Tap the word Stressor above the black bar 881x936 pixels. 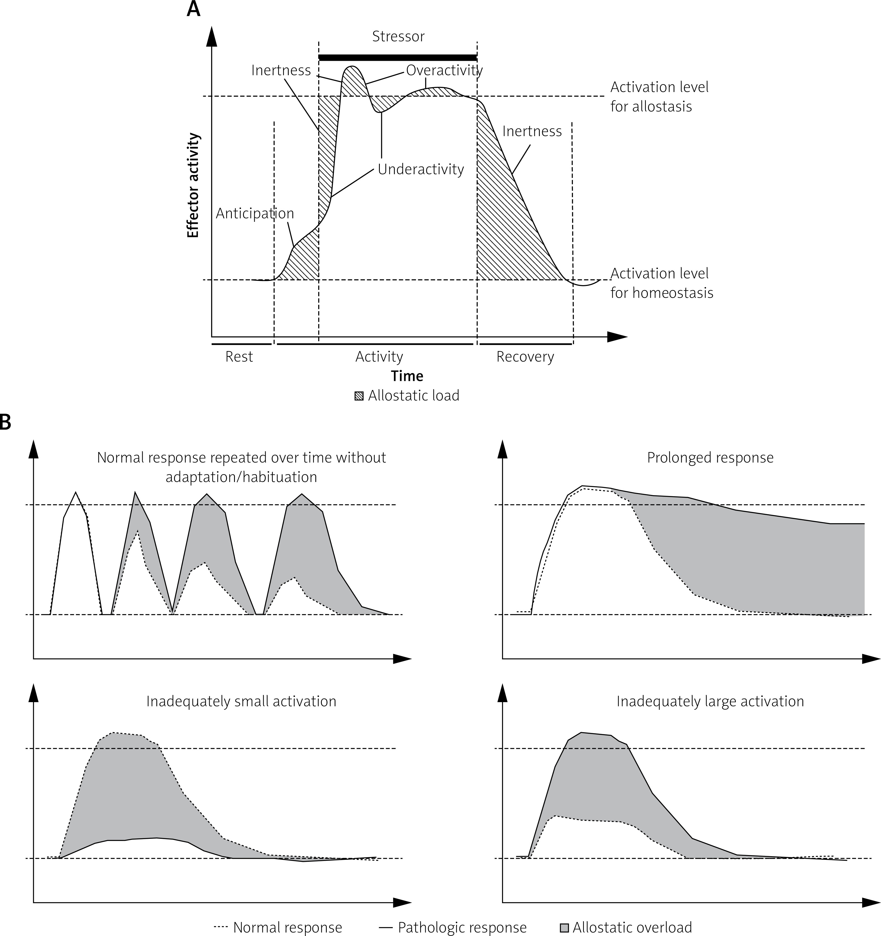pos(398,36)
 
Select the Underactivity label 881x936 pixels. pos(421,169)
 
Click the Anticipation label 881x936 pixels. pos(255,213)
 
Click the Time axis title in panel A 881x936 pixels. pos(407,376)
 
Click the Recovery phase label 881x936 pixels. pos(525,357)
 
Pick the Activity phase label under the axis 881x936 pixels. pos(379,357)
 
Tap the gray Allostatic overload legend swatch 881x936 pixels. pos(564,928)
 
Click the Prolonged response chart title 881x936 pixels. pos(710,458)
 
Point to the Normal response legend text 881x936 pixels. pos(287,928)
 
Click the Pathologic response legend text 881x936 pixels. pos(462,928)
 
